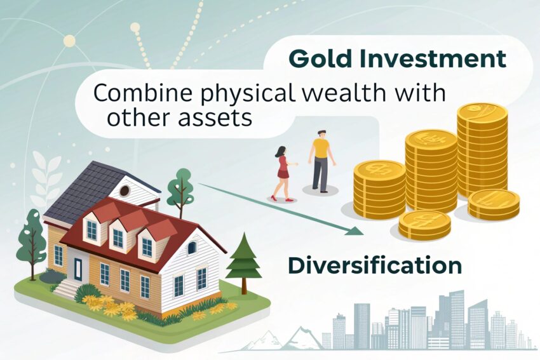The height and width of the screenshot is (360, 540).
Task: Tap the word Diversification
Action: click(x=375, y=265)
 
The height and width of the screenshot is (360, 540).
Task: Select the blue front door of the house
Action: click(x=78, y=269)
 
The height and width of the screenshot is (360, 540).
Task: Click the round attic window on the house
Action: click(x=125, y=190)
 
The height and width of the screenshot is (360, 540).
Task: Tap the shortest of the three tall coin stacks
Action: click(x=379, y=189)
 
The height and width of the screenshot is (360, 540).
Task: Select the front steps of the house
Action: click(x=67, y=288)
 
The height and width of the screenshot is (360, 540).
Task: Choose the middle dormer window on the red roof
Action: click(x=118, y=237)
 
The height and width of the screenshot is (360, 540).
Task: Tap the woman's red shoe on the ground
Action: click(x=289, y=199)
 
